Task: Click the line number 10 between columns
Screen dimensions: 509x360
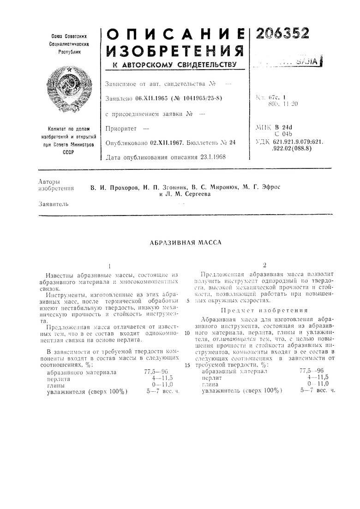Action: pos(186,332)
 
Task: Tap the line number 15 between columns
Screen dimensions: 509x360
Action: pos(186,365)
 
